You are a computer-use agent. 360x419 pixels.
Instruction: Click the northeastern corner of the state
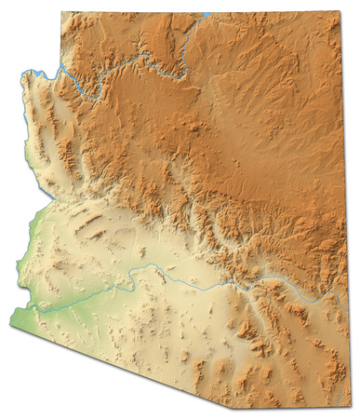(x=336, y=13)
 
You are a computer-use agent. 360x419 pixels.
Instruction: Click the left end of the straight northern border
(x=63, y=13)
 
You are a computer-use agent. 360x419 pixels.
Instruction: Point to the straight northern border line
(x=186, y=13)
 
